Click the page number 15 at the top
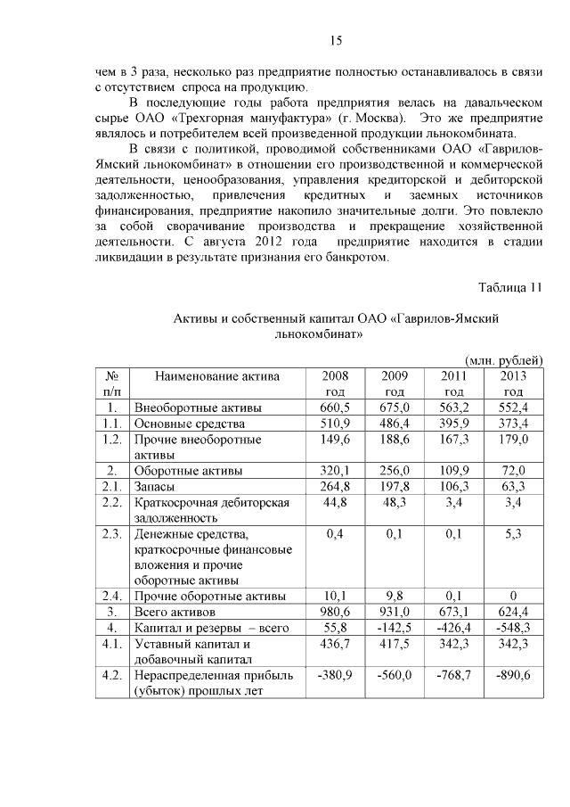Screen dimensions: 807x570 (336, 40)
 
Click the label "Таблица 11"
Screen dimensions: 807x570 (509, 286)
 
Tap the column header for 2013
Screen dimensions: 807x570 (513, 383)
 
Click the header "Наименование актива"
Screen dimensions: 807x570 (216, 376)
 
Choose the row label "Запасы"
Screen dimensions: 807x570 (155, 487)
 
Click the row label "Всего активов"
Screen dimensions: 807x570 (175, 612)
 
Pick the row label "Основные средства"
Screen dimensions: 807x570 (188, 424)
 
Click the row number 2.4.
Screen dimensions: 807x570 (111, 596)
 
